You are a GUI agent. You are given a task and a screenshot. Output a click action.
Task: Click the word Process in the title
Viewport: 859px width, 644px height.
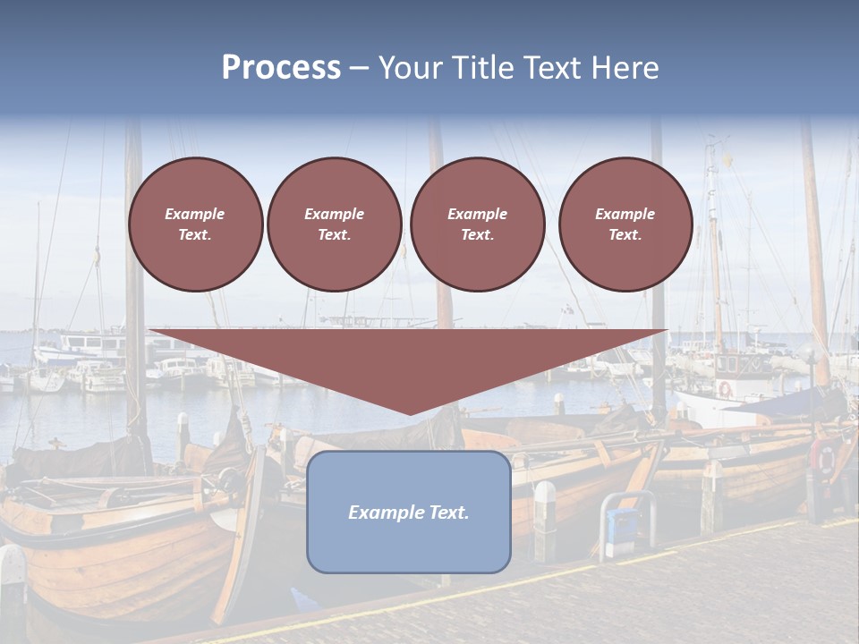click(281, 68)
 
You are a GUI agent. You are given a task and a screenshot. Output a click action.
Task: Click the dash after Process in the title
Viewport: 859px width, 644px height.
click(359, 69)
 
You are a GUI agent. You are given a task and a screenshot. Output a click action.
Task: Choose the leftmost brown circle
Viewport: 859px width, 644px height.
click(196, 225)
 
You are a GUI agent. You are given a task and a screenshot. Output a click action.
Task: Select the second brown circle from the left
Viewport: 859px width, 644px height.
click(335, 225)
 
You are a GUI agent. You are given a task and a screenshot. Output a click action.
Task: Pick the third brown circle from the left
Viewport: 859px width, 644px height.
click(477, 225)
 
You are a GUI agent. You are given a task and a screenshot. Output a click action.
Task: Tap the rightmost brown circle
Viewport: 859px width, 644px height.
click(625, 225)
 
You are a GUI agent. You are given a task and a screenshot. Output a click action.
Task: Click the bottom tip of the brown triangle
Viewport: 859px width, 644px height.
click(410, 412)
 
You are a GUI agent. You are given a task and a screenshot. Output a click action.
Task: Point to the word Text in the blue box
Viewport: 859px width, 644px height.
click(447, 513)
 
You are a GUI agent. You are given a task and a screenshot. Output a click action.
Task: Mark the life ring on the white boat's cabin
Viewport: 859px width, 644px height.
click(725, 389)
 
